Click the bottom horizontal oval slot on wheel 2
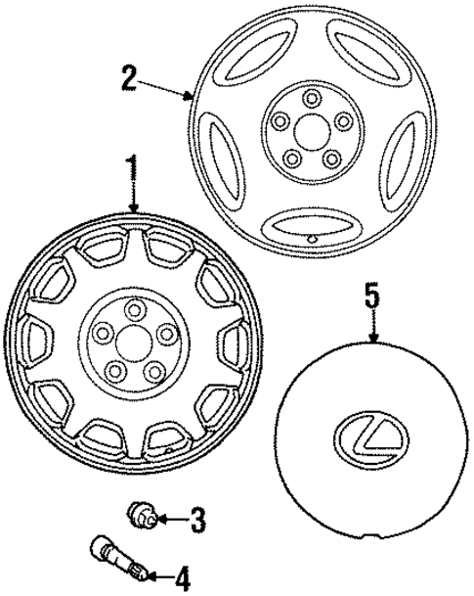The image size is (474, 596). click(x=305, y=224)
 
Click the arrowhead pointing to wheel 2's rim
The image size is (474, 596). click(x=191, y=96)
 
